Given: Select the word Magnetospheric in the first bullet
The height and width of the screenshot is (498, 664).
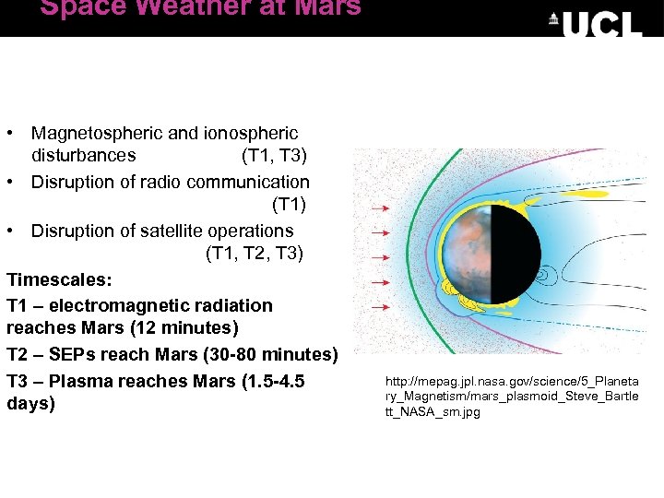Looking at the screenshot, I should pyautogui.click(x=91, y=134).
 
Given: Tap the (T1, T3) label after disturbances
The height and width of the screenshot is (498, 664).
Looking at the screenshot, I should pyautogui.click(x=274, y=155).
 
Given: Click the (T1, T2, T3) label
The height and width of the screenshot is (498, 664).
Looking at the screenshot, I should pyautogui.click(x=254, y=253).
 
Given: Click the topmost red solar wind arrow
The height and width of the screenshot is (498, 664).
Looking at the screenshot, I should pyautogui.click(x=379, y=209).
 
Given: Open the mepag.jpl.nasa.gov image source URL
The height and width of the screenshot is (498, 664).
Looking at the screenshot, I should pyautogui.click(x=512, y=396).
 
